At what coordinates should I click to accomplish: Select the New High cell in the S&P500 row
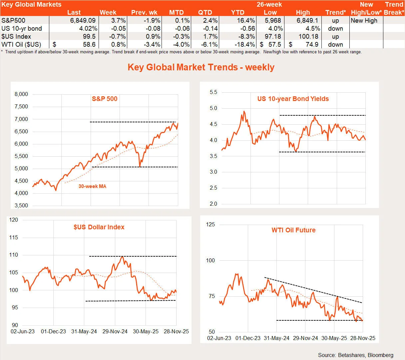coord(364,20)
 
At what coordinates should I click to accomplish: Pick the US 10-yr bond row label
coord(22,28)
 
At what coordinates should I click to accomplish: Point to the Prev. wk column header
coord(144,12)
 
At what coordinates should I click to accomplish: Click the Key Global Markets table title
coord(31,4)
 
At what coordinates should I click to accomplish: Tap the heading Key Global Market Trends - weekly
coord(201,67)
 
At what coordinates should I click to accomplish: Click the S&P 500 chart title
coord(105,99)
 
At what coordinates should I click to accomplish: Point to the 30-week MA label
coord(92,186)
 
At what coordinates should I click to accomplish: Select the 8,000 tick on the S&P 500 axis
coord(21,94)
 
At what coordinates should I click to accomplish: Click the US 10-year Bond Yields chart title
coord(293,99)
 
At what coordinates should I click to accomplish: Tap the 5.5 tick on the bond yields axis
coord(213,92)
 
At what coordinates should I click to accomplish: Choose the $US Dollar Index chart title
coord(99,227)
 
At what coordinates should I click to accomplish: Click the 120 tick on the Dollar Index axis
coord(14,220)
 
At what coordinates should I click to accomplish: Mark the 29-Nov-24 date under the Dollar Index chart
coord(115,331)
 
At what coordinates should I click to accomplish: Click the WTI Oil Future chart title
coord(293,230)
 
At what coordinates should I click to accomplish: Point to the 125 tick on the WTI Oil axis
coord(210,225)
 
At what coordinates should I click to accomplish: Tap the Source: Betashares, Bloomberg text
coord(355,355)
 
